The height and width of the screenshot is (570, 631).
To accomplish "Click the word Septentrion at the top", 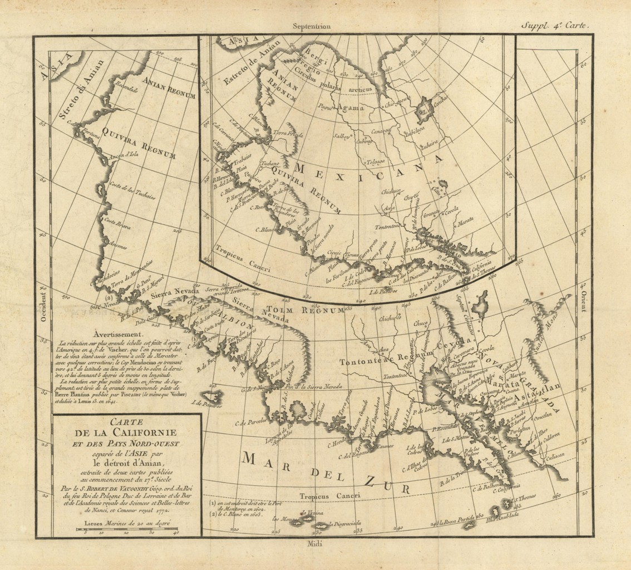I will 314,25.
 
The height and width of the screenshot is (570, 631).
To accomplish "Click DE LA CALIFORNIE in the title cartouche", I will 127,433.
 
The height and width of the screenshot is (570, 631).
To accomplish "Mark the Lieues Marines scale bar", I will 127,529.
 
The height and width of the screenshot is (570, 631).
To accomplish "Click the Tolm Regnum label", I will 305,310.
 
